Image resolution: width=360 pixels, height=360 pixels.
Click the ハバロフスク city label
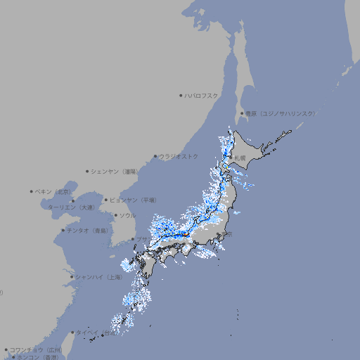(x=202, y=95)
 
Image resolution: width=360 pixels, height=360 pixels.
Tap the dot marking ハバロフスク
(x=181, y=95)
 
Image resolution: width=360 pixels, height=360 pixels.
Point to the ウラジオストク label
(x=179, y=156)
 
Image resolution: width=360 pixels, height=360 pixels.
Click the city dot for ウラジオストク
(x=155, y=157)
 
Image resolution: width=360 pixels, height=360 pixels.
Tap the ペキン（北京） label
(x=53, y=191)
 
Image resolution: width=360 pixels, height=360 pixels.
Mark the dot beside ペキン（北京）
(x=32, y=191)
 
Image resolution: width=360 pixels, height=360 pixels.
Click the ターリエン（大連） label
(x=71, y=207)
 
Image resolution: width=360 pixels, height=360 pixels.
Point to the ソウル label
(x=127, y=215)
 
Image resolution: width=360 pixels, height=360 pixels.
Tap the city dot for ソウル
(x=115, y=215)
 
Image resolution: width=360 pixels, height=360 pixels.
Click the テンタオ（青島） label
(x=87, y=230)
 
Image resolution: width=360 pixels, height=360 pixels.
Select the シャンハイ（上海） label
(x=99, y=277)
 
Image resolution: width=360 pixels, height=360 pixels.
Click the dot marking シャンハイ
(x=72, y=277)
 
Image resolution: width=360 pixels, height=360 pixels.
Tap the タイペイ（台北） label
(x=96, y=333)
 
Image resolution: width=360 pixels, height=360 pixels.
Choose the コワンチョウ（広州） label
(x=36, y=349)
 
